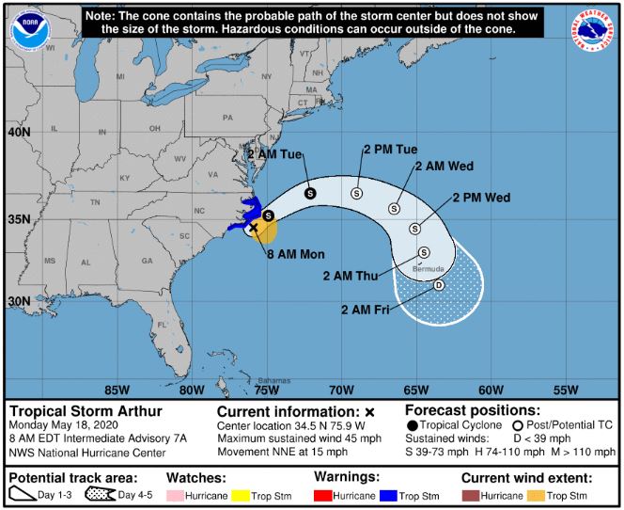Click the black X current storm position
point(253,228)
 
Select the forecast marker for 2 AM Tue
point(311,193)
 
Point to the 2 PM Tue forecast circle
point(356,193)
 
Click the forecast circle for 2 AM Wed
point(396,208)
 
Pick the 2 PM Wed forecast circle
point(414,228)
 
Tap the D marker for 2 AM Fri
point(438,285)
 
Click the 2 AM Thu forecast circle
point(424,252)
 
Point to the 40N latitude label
point(20,134)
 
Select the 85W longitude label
point(117,390)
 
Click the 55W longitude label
point(566,390)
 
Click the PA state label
point(226,119)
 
